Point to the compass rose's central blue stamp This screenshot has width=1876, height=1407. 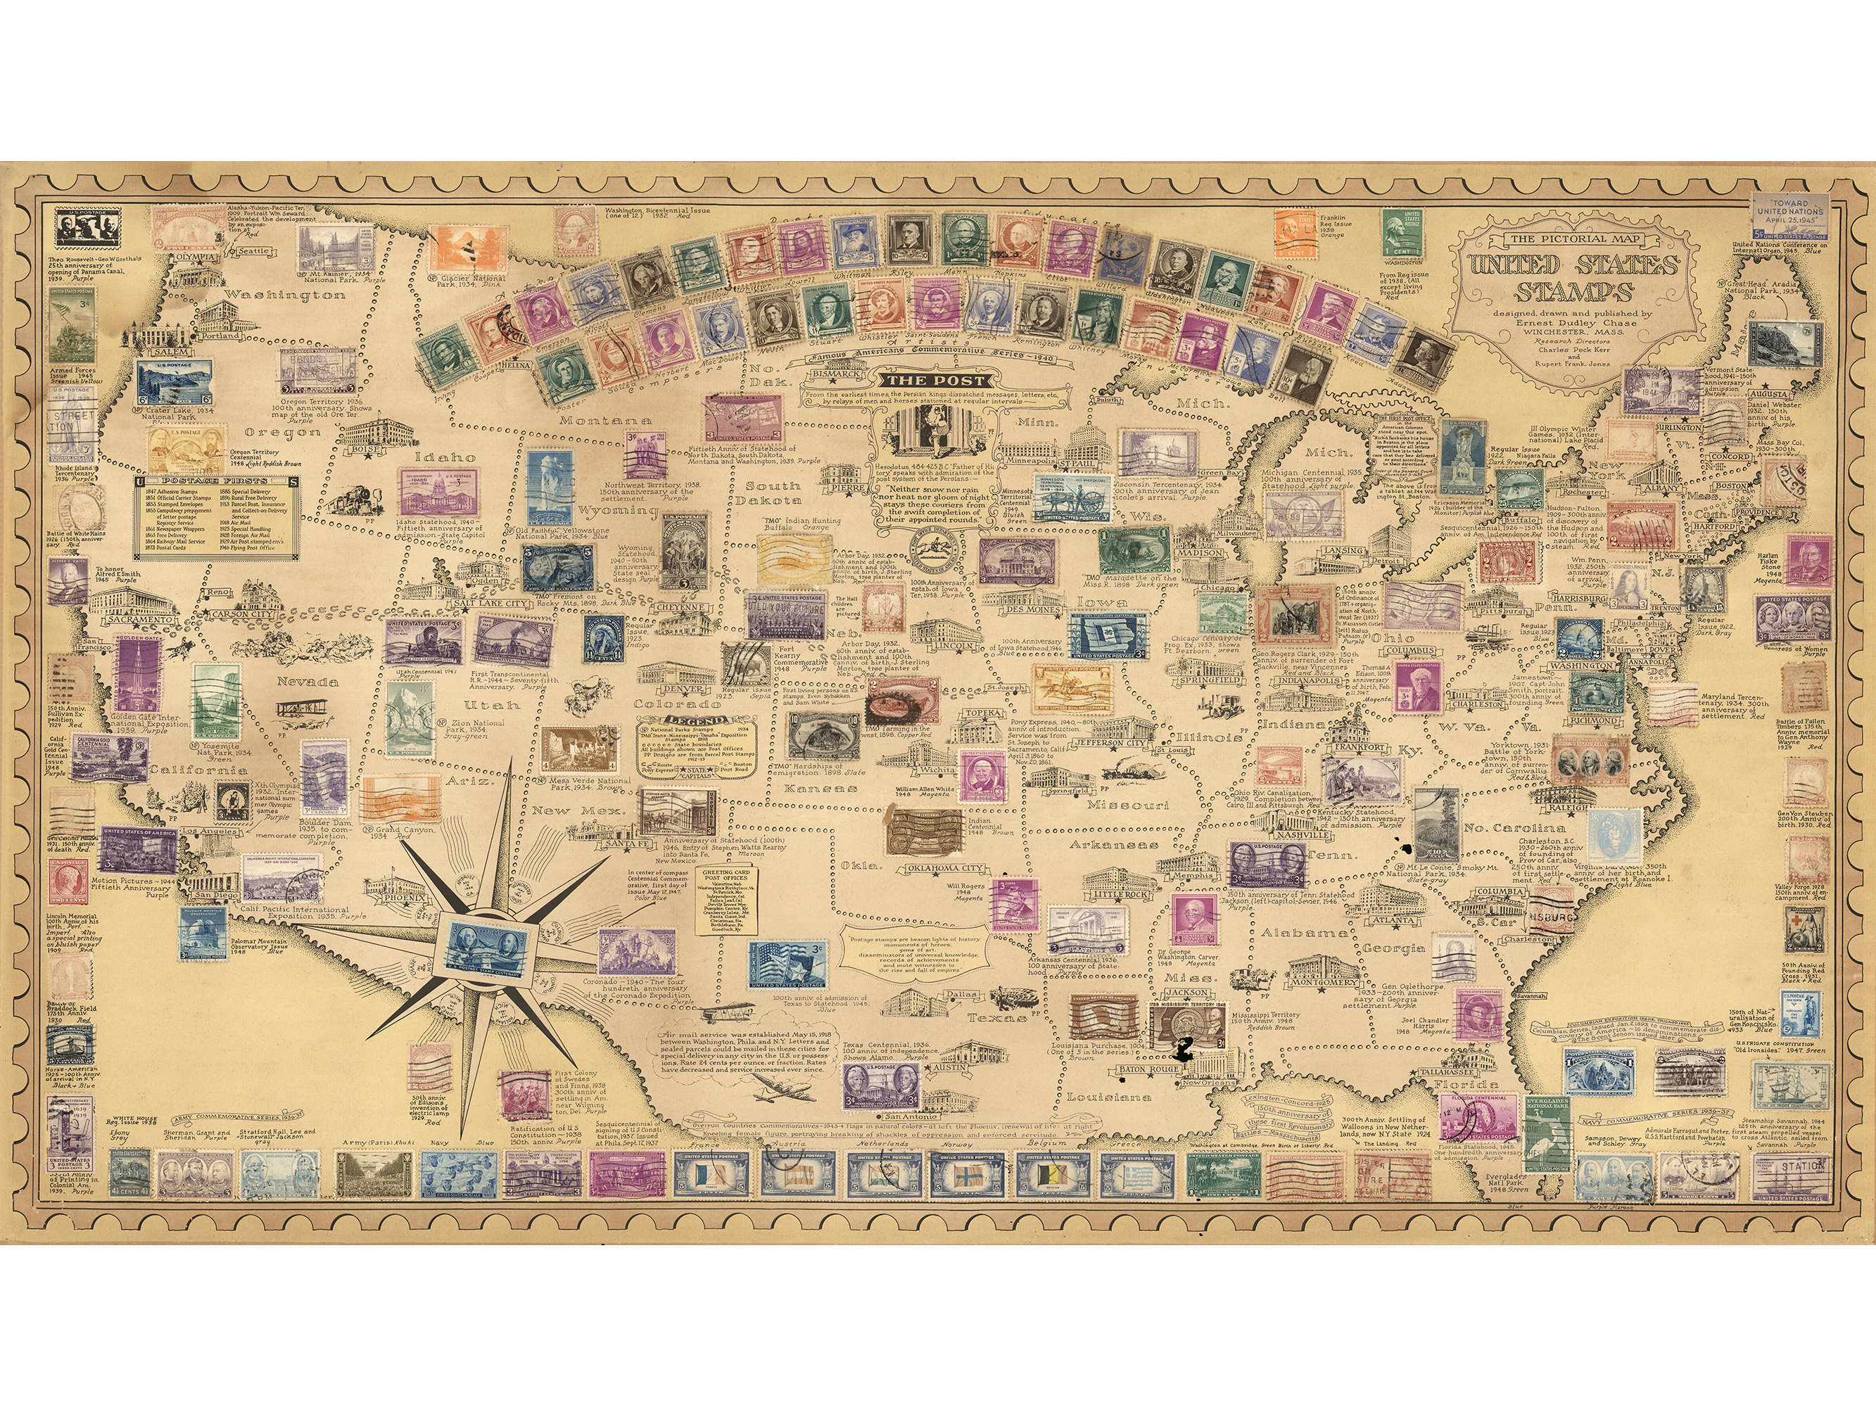(487, 944)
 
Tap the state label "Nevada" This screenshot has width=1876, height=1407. (307, 681)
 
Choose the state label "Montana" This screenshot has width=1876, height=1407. (604, 420)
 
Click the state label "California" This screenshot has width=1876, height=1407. (198, 770)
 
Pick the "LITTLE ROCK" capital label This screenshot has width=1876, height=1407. (1120, 894)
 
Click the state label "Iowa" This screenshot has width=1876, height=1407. (1102, 602)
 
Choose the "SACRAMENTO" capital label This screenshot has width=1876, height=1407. (140, 618)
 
